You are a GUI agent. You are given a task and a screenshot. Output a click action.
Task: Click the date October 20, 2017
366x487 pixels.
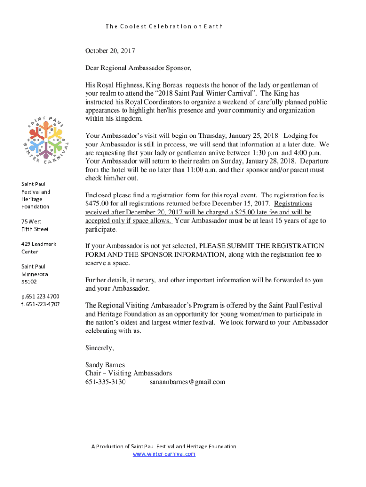point(110,50)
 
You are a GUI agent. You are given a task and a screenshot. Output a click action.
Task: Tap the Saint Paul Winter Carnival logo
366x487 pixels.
point(46,137)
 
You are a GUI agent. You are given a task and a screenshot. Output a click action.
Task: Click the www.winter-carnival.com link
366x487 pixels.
point(164,454)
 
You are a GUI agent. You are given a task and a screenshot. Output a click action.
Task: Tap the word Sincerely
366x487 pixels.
point(99,348)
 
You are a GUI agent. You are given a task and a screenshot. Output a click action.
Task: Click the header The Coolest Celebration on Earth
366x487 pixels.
point(164,26)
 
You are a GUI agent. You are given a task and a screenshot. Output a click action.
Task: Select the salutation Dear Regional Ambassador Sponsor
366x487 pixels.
point(138,68)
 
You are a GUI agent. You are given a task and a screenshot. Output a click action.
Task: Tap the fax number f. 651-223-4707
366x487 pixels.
point(40,304)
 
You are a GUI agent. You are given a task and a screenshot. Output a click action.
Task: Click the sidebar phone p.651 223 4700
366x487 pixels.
point(40,296)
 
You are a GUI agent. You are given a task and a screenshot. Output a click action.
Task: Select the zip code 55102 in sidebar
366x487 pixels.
point(29,282)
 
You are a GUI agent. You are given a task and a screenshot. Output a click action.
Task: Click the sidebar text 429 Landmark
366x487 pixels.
point(39,244)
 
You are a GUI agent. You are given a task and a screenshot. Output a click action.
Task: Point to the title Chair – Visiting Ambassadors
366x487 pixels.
point(128,373)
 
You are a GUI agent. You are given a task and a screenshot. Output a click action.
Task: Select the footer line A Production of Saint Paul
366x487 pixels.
point(164,446)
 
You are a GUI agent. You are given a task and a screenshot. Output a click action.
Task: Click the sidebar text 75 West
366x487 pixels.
point(31,221)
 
